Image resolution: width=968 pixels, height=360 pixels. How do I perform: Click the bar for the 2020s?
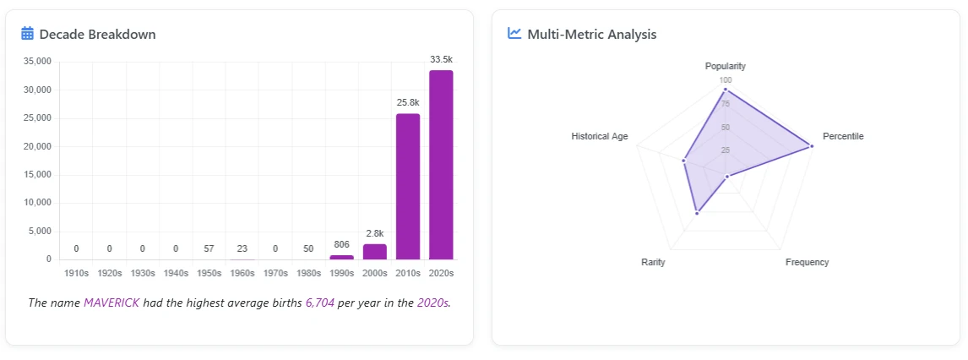(x=441, y=165)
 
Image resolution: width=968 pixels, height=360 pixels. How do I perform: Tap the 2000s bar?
(x=375, y=252)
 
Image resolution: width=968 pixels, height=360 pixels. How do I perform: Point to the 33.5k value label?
(x=441, y=60)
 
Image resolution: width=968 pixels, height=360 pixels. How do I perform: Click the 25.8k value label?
(x=408, y=102)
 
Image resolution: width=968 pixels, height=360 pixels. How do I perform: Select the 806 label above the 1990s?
(x=341, y=244)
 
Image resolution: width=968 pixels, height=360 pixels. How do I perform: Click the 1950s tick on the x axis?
(x=209, y=274)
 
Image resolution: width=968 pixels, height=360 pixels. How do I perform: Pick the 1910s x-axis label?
(x=76, y=274)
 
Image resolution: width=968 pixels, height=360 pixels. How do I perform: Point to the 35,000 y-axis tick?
(x=38, y=62)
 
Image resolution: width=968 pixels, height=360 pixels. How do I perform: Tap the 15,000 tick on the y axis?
(x=38, y=175)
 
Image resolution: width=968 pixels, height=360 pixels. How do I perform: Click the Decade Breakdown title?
(x=97, y=35)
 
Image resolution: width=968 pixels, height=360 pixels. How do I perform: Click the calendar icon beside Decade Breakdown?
(x=27, y=34)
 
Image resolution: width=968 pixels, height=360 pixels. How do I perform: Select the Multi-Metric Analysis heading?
(x=591, y=35)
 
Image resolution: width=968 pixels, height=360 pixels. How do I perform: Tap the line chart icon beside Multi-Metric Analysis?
(x=514, y=34)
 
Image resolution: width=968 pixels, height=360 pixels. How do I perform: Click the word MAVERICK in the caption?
(x=111, y=303)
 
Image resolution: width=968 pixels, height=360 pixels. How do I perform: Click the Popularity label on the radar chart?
(x=725, y=66)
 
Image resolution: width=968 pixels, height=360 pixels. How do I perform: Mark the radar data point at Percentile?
(x=812, y=146)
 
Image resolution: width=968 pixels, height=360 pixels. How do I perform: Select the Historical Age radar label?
(x=599, y=136)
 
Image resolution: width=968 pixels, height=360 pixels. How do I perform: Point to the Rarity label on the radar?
(x=653, y=263)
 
